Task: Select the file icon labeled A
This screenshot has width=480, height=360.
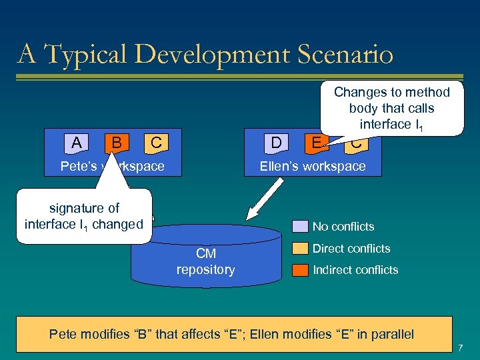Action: pos(77,143)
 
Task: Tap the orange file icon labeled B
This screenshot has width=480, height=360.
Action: pos(116,143)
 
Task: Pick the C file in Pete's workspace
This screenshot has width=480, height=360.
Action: pos(155,143)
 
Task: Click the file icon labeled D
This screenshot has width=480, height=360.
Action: pos(275,143)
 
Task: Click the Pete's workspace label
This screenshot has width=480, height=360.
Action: pos(112,166)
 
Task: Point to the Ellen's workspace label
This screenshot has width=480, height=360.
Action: pos(312,166)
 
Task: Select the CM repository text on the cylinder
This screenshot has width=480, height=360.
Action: pos(205,261)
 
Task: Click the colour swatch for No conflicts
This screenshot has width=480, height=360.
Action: pos(301,227)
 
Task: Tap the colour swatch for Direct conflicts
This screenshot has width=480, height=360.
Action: pos(301,249)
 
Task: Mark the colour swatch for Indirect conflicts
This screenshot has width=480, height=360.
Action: pos(301,270)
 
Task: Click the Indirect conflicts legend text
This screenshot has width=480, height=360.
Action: pos(355,270)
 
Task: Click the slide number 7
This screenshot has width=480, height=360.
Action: pos(460,347)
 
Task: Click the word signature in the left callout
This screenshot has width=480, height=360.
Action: pos(84,208)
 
